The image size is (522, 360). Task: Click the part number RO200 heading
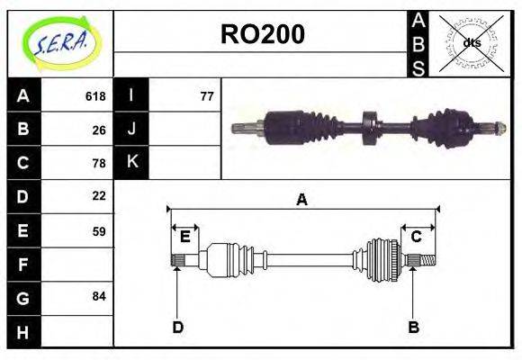pos(263,34)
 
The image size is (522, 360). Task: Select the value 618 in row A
pos(95,96)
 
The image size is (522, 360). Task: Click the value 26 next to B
pos(99,130)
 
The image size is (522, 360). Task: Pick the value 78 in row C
pos(99,163)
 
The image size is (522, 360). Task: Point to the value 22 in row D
pos(99,195)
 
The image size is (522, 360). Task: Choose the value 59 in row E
pos(99,231)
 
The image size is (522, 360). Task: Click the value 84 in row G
pos(99,296)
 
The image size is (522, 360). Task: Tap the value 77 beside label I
pos(207,96)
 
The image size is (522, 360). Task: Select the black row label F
pos(23,265)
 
